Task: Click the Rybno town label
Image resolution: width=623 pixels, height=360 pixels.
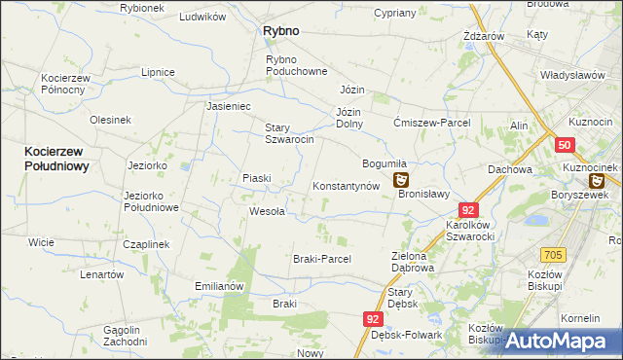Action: point(280,31)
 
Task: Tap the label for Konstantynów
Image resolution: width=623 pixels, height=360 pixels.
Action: point(345,185)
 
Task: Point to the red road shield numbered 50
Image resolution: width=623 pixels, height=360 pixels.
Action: point(565,145)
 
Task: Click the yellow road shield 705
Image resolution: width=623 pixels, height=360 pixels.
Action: point(554,255)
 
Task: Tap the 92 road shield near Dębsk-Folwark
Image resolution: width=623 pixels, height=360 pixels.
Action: point(374,318)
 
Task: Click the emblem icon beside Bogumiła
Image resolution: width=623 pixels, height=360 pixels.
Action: point(401,180)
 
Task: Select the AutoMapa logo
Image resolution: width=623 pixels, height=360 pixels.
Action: point(563,341)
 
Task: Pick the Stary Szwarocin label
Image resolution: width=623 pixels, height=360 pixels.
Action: point(289,133)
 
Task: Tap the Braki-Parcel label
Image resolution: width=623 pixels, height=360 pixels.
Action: point(321,259)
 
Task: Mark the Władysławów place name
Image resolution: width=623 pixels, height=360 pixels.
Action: point(572,75)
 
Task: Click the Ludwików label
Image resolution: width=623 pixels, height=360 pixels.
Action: point(202,17)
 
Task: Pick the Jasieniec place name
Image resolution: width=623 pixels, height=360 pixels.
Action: point(229,106)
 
